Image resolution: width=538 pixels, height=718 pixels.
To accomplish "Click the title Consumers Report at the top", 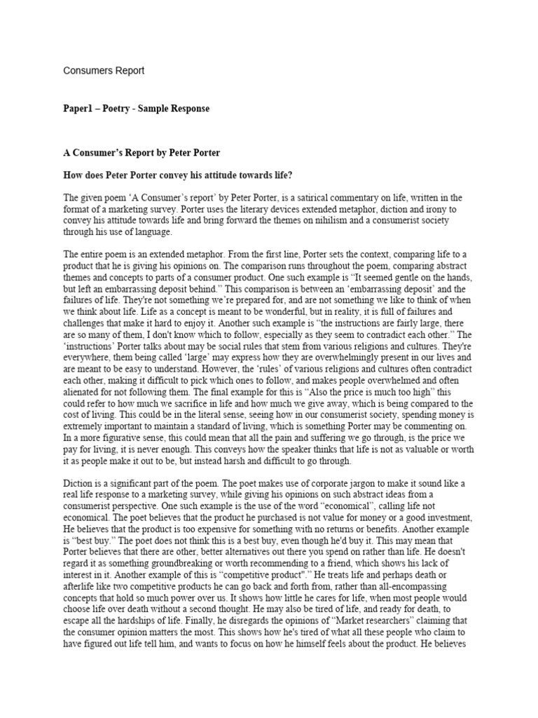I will coord(104,71).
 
